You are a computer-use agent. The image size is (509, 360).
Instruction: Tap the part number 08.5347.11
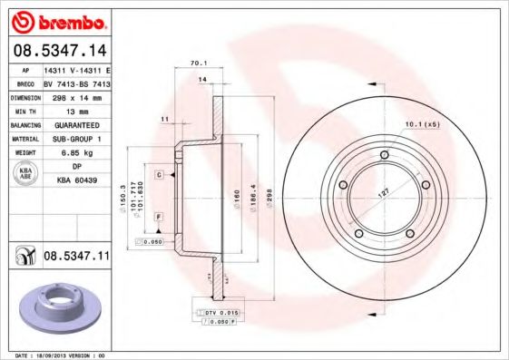[x=76, y=257]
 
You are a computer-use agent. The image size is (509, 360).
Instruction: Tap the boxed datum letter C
[x=158, y=173]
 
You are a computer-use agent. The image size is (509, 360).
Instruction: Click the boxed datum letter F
[x=158, y=217]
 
